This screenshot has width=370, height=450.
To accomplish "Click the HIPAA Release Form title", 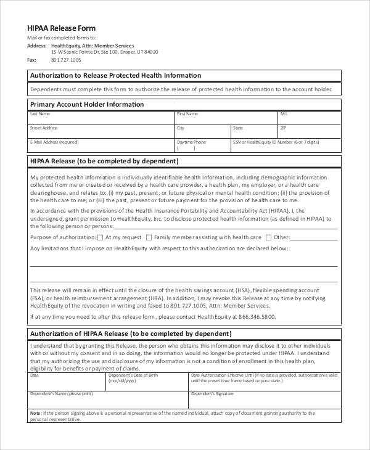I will (61, 28).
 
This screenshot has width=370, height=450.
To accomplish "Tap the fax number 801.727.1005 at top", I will (66, 60).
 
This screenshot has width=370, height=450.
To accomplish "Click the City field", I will (202, 132).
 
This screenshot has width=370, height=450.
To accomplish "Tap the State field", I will (253, 132).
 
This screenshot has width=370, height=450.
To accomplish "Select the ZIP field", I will (309, 132).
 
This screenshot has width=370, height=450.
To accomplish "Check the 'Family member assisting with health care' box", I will (148, 237).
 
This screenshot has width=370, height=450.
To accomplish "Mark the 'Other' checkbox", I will (268, 237).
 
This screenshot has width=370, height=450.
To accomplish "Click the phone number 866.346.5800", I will (255, 317).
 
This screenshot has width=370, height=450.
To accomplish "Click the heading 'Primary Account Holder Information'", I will (87, 104).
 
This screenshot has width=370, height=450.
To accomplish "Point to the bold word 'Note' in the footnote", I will (35, 412).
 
